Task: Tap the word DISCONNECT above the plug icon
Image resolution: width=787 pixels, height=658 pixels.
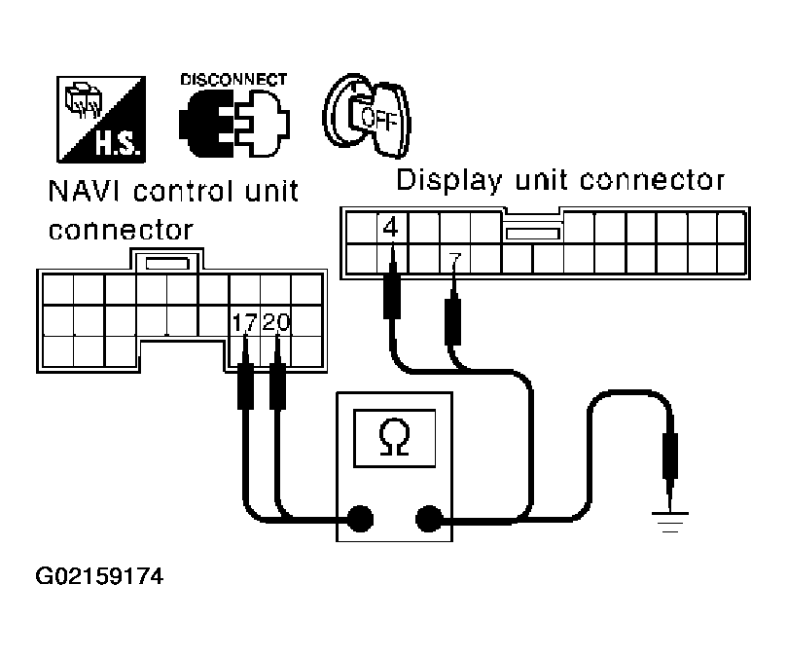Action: coord(233,79)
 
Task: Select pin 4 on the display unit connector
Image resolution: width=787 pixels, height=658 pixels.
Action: coord(391,230)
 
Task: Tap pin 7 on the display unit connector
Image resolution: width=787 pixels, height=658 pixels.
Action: coord(454,260)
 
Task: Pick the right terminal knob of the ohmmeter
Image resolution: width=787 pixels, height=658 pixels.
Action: coord(428,519)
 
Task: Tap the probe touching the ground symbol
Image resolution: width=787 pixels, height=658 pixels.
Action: coord(670,457)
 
